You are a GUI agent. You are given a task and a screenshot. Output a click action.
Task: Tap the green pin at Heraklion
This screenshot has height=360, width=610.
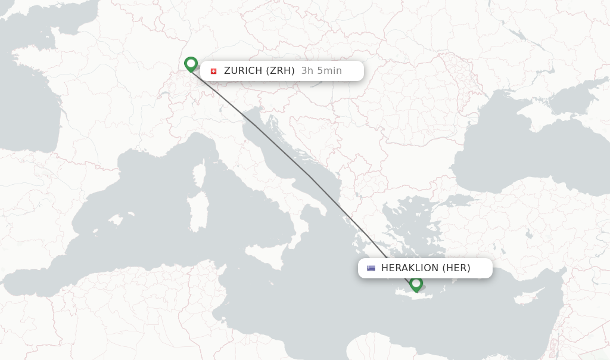tap(416, 284)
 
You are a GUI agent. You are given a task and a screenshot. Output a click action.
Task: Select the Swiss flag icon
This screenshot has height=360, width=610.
tap(213, 71)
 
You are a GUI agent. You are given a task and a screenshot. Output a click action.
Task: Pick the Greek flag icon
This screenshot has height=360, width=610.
tap(371, 268)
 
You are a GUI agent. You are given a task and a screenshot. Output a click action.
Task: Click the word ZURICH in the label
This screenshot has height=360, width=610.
tap(243, 71)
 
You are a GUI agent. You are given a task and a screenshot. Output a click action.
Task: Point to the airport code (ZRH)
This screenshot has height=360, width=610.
tap(280, 71)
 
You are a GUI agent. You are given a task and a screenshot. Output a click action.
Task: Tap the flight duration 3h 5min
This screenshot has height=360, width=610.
tap(322, 71)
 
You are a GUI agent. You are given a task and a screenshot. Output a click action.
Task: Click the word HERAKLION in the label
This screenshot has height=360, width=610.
tap(410, 268)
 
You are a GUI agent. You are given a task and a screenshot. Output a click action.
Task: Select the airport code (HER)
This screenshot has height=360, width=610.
tap(456, 268)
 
